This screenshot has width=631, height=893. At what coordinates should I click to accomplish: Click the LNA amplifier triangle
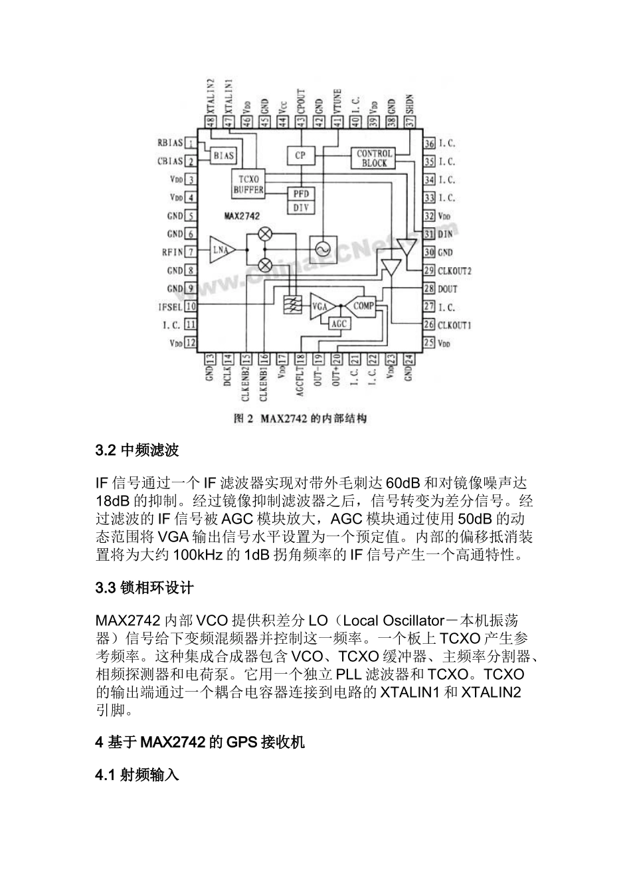[221, 250]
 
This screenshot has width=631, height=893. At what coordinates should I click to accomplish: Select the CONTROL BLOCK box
[375, 158]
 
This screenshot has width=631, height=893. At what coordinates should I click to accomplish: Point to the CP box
[300, 155]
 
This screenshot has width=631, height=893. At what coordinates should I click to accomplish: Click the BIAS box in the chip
[223, 155]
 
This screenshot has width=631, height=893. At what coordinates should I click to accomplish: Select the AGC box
[339, 322]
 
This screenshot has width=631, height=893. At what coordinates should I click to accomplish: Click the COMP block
[363, 306]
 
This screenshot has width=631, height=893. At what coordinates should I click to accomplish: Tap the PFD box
[300, 193]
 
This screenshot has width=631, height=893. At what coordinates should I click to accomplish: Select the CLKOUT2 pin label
[454, 270]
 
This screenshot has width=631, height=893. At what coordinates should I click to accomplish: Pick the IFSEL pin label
[170, 306]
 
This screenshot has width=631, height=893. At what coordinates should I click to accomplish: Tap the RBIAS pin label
[170, 143]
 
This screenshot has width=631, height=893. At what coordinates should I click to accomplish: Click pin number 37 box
[410, 122]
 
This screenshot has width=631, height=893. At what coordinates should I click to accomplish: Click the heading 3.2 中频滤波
[137, 450]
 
